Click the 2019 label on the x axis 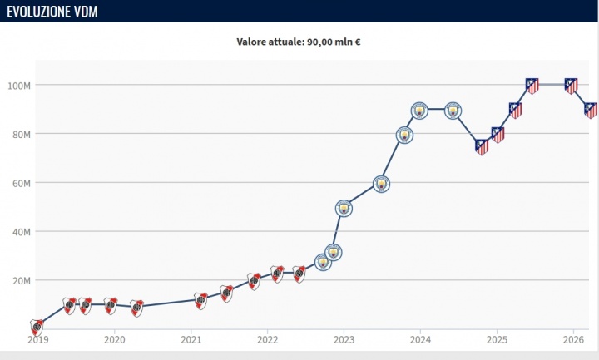(37, 339)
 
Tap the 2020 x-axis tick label (114, 339)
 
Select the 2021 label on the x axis (191, 339)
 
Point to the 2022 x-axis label (267, 339)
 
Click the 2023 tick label (344, 339)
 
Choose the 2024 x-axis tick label (420, 339)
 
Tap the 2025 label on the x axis (497, 339)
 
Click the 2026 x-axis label (573, 339)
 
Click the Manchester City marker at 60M (382, 184)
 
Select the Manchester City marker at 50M (344, 208)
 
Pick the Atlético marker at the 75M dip (482, 146)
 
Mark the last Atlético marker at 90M (591, 110)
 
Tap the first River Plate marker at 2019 (37, 326)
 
